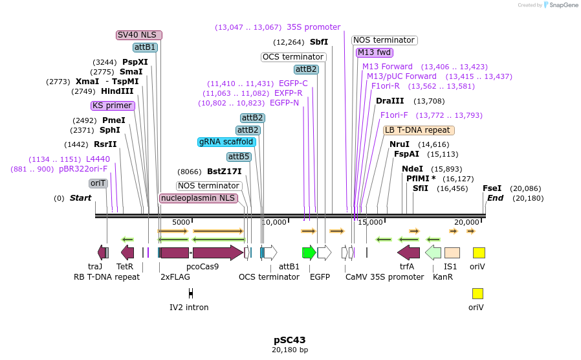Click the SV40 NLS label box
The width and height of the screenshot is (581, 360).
pos(139,35)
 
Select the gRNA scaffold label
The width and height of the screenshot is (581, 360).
pos(226,142)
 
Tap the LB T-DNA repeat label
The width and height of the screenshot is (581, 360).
pos(419,130)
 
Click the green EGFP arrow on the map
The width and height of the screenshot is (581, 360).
pos(309,253)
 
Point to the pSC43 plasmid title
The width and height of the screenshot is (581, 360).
pos(289,339)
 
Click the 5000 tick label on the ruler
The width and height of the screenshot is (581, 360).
pos(181,222)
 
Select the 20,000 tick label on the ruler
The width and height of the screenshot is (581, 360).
pos(466,222)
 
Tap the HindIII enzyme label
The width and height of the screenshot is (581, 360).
pos(117,91)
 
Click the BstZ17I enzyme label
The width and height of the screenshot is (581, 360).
pos(224,172)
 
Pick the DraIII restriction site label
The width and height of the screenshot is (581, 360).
pos(389,101)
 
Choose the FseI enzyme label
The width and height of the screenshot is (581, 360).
pos(492,188)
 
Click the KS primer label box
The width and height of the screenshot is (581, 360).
pos(113,106)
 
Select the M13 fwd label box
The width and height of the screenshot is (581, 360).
pos(375,52)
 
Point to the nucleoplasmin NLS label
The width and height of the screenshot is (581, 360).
pos(198,197)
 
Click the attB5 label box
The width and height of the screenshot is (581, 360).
pos(239,157)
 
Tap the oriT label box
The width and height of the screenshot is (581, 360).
pos(98,183)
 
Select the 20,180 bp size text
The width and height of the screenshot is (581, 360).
pos(289,350)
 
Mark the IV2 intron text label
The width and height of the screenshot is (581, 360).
pos(189,307)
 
